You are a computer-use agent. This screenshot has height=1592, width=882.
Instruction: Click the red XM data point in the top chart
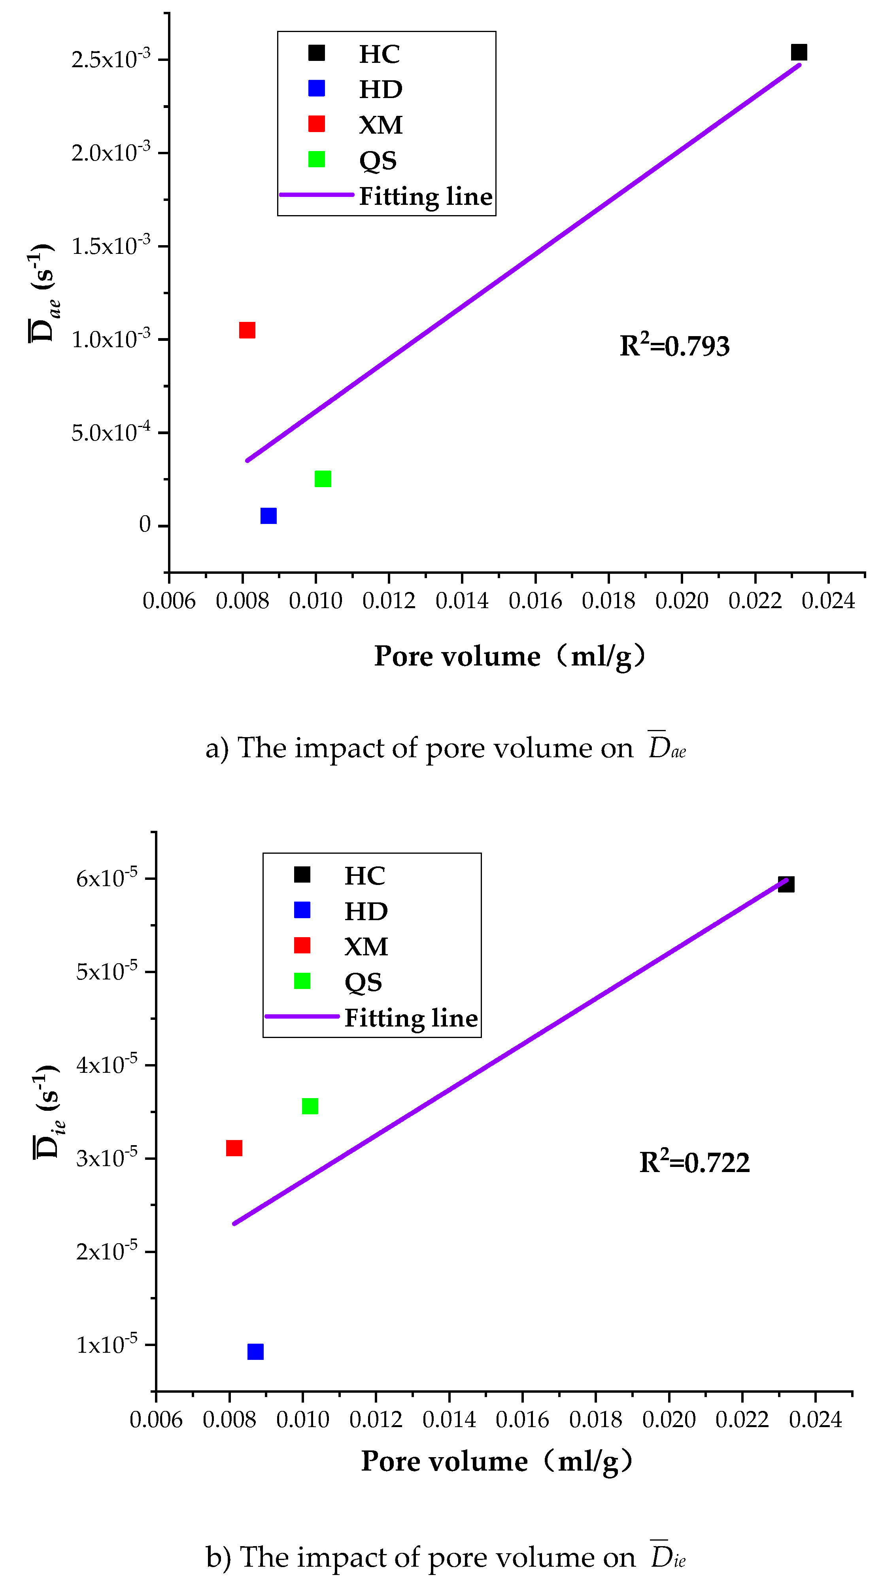247,330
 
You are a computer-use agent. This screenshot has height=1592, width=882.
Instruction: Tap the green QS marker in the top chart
323,478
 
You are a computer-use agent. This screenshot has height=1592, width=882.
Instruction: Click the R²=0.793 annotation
674,346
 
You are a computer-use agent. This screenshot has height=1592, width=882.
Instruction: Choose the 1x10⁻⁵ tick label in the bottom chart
106,1344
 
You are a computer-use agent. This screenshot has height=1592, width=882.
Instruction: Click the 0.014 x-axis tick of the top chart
462,601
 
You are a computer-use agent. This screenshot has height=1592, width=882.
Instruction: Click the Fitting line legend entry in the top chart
426,197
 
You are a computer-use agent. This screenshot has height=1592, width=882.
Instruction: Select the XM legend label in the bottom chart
366,947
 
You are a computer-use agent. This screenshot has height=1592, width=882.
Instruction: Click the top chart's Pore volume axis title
510,656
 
